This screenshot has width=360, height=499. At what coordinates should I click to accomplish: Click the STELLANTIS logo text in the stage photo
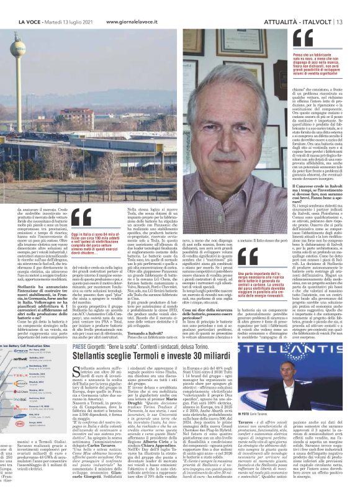click(313, 362)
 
